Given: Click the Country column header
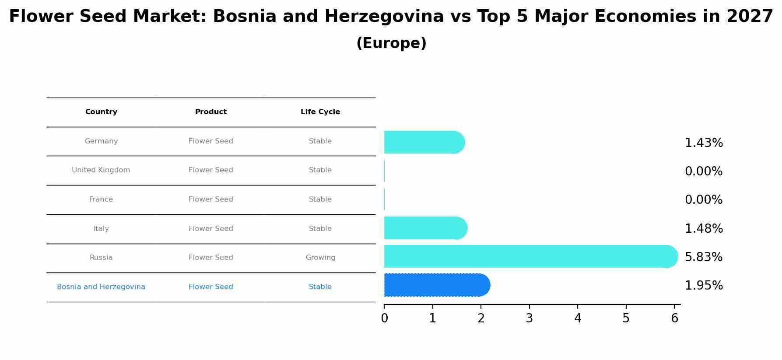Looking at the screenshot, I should tap(101, 112).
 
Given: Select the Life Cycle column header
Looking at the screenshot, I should tap(320, 112).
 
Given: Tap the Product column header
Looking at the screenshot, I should tap(210, 112).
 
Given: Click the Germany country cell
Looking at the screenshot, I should tap(101, 141).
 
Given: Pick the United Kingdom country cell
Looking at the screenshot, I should tap(101, 170).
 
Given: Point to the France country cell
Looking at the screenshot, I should tap(101, 199).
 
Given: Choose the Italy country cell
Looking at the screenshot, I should tap(101, 229).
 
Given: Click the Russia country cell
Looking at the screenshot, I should tap(101, 258).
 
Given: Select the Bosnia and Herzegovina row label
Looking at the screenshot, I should tap(101, 287).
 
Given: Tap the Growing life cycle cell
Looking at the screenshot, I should tap(320, 258).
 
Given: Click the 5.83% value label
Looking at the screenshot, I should tap(703, 257).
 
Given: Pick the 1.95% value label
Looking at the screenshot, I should tap(703, 286).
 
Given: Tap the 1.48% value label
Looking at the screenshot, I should tap(703, 229).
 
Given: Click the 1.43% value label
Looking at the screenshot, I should tap(703, 143).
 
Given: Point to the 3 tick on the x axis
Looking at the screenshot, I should tap(529, 318).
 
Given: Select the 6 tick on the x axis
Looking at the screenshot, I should tap(674, 318).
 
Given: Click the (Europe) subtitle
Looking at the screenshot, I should tap(391, 43).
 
